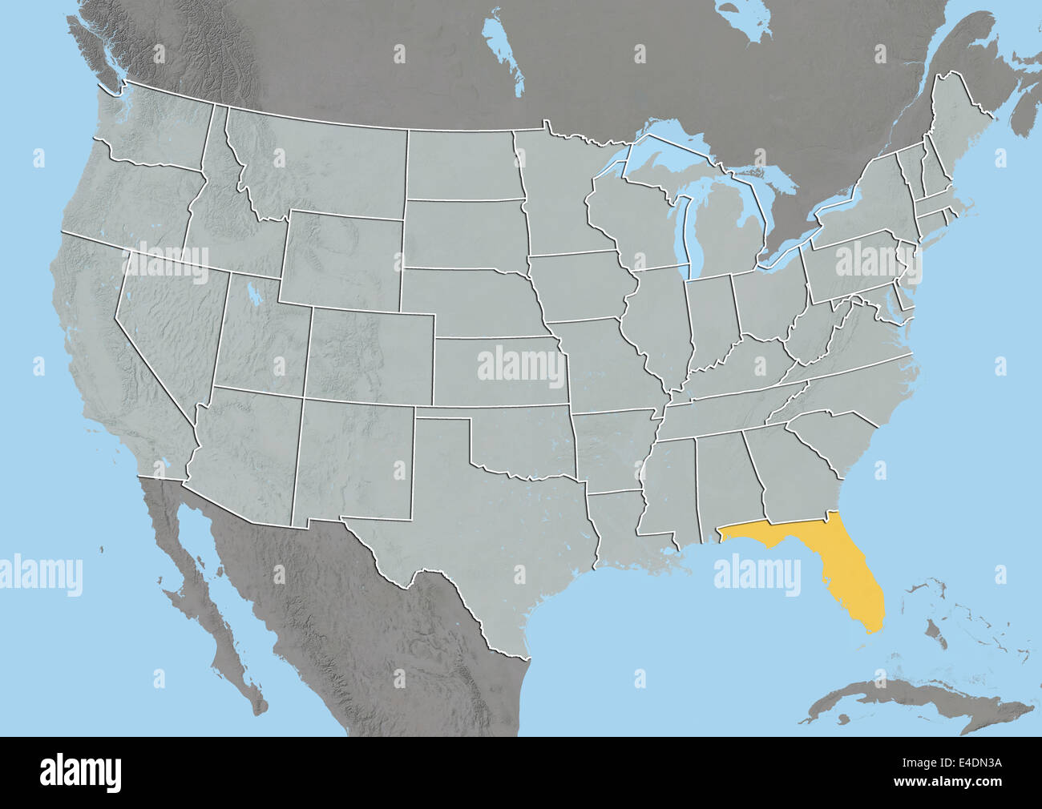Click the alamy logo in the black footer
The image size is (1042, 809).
[x=81, y=772]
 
